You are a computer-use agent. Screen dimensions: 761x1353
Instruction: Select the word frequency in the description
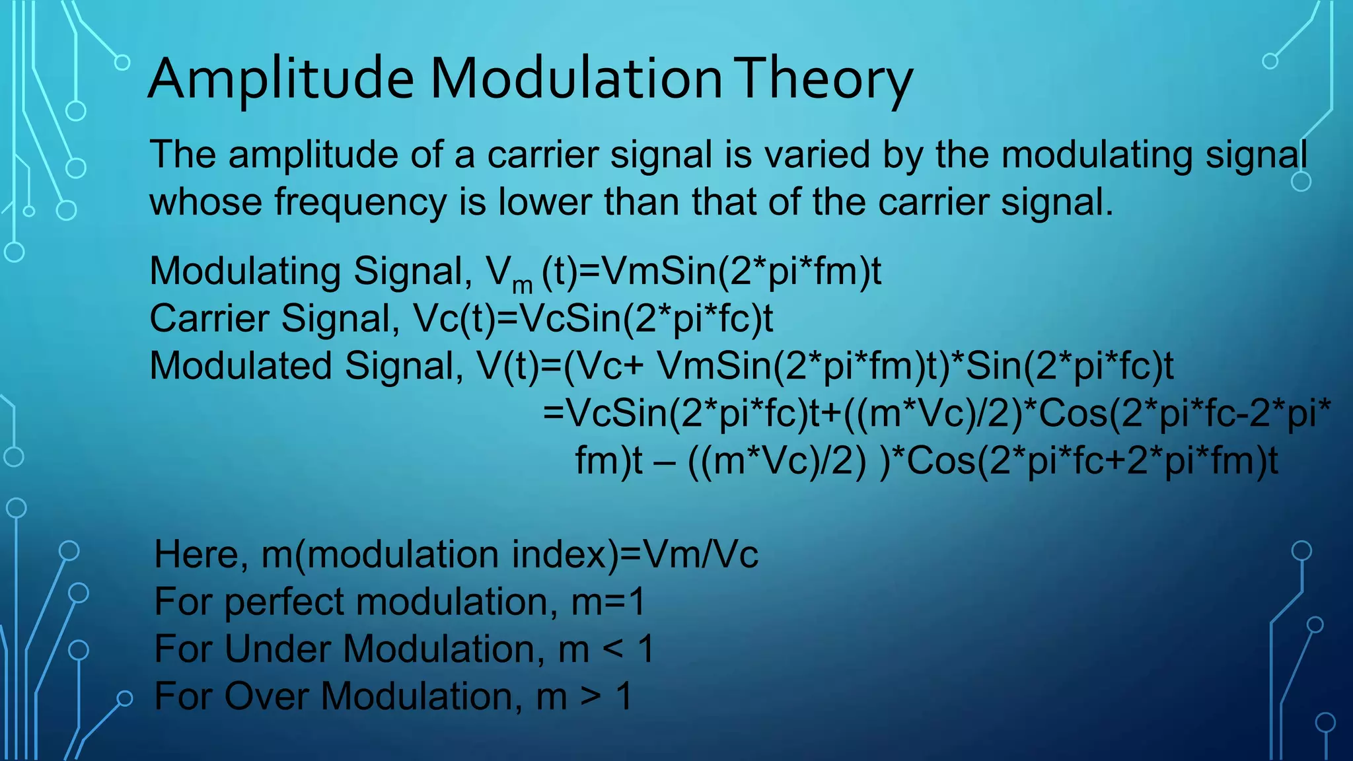coord(361,202)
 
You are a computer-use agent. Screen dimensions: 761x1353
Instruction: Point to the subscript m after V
coord(522,285)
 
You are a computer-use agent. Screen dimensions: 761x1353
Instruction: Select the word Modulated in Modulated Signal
coord(240,366)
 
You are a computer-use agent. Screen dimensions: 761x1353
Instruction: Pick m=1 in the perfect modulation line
coord(608,602)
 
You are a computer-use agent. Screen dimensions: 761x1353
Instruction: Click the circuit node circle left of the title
coord(122,63)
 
